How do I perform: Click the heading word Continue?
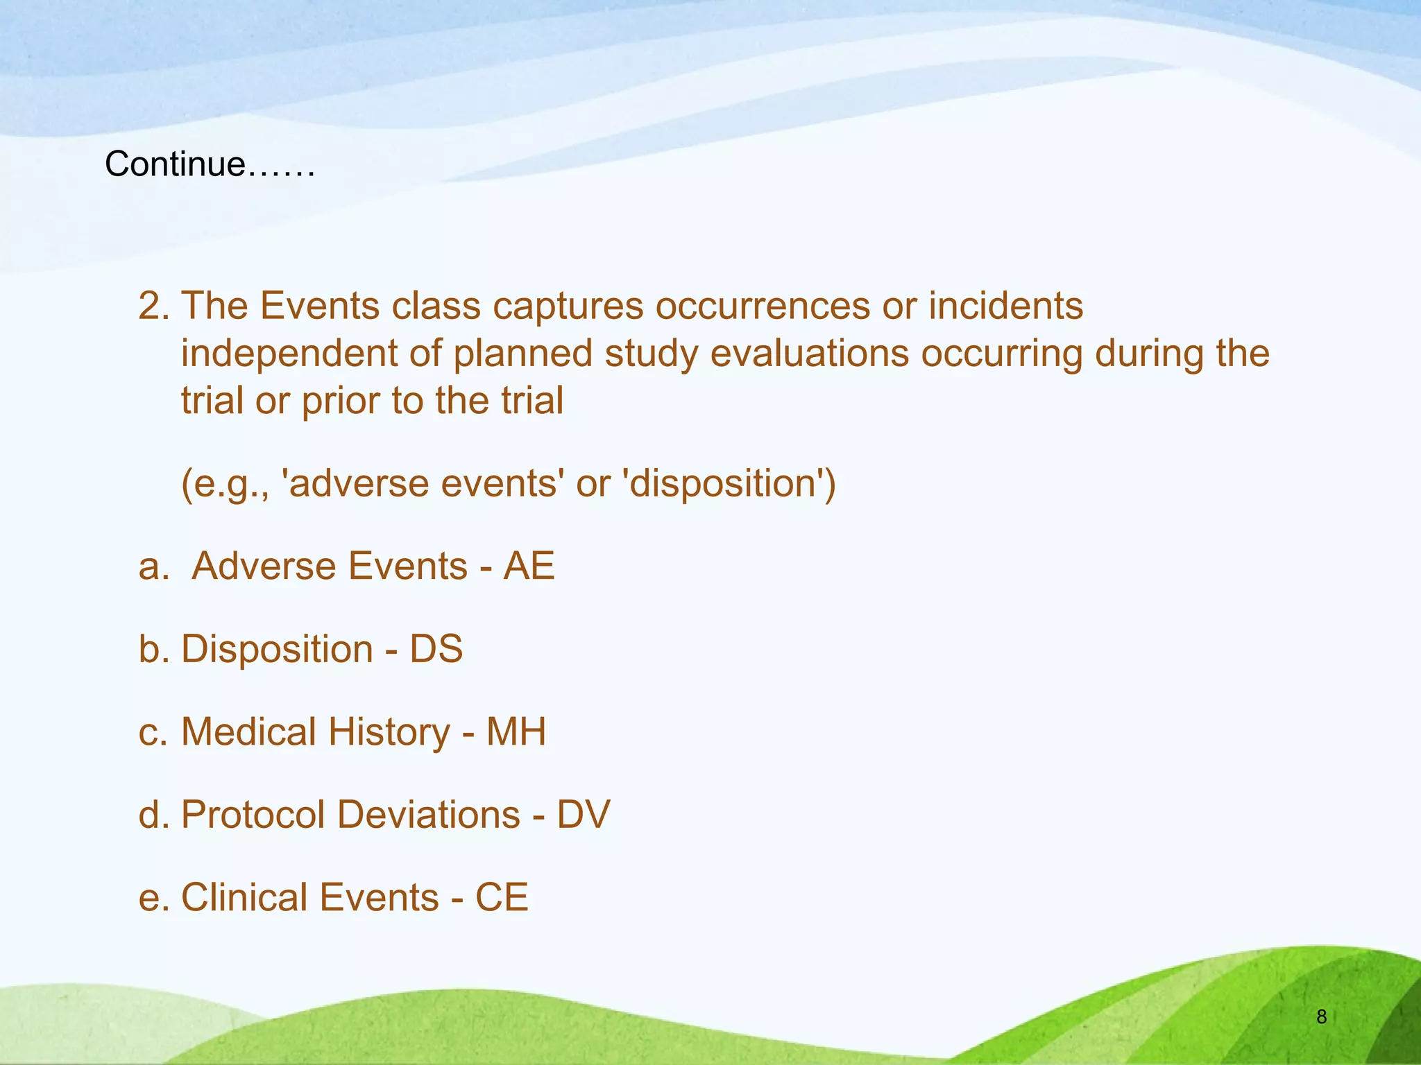[175, 165]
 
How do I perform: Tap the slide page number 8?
[1321, 1017]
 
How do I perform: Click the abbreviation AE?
[529, 566]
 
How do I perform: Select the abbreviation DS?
[436, 649]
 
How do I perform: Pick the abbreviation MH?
[516, 732]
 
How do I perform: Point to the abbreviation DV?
[583, 815]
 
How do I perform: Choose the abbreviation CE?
[502, 897]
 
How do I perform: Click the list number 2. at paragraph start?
[154, 306]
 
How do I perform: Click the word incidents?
[1005, 306]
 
